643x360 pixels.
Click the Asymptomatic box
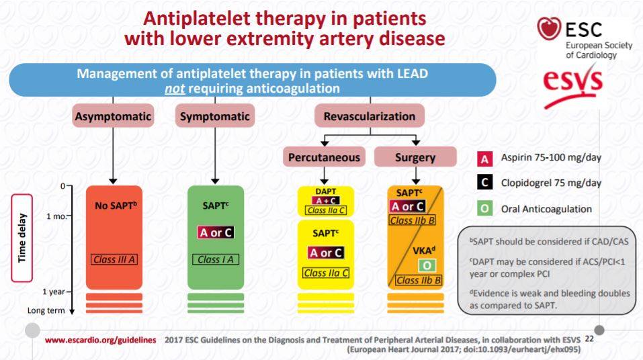point(113,116)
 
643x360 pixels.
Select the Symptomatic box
point(215,116)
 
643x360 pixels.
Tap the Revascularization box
point(370,116)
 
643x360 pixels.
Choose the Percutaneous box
point(324,157)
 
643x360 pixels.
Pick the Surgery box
point(415,157)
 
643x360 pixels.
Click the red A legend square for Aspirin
point(484,159)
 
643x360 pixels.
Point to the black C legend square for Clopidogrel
point(484,183)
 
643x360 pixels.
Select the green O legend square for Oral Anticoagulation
point(484,209)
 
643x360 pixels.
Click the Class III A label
point(114,259)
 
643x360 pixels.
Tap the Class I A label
point(215,259)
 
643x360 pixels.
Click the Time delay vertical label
point(22,238)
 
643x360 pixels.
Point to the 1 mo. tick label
point(56,216)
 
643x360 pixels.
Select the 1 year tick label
point(54,291)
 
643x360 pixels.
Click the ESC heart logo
point(549,28)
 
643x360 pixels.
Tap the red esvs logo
point(573,87)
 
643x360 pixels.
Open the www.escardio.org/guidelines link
point(101,340)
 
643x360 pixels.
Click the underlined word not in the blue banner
point(175,89)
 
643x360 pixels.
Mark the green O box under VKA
point(427,266)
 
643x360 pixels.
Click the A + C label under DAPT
point(326,201)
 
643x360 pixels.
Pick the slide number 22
point(589,339)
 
